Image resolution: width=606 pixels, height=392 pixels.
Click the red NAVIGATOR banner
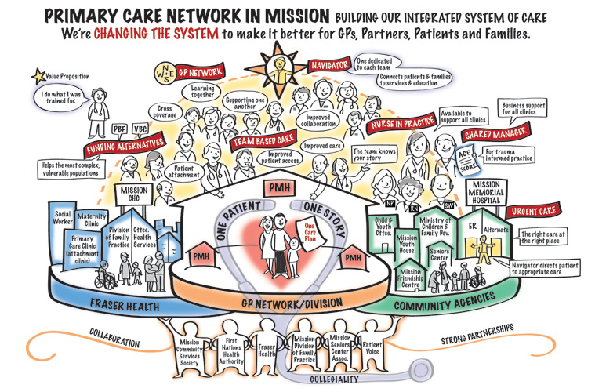coord(328,66)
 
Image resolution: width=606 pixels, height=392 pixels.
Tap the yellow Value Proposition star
coord(34,77)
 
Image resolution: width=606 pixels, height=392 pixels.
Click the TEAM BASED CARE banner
coord(263,143)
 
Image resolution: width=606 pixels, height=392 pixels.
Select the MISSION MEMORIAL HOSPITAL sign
coord(489,193)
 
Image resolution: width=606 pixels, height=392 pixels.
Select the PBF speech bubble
coord(119,129)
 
